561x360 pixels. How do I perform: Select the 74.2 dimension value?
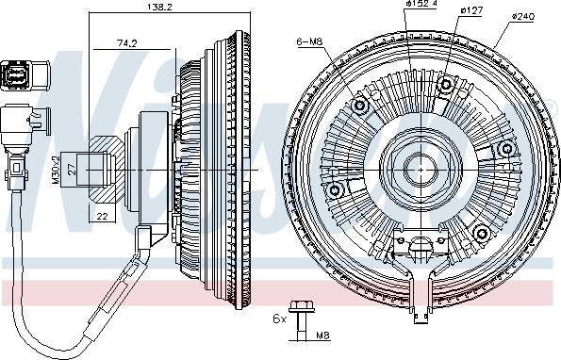(125, 43)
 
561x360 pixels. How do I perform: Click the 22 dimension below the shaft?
(101, 216)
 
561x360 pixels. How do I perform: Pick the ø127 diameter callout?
(471, 10)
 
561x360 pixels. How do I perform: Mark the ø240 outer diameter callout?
(524, 17)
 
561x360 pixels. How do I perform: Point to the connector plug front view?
(17, 75)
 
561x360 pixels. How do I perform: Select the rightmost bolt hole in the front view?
(510, 149)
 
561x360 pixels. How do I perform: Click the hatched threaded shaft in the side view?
(99, 170)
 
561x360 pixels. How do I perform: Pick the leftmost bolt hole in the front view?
(332, 191)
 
